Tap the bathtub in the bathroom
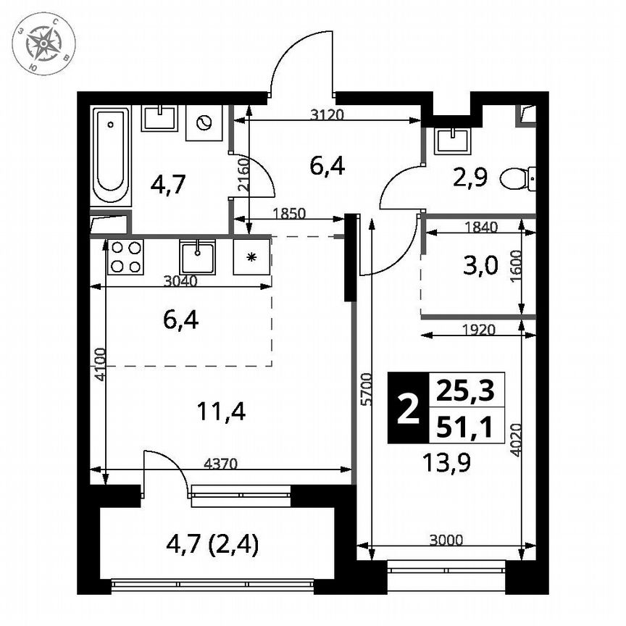pyautogui.click(x=112, y=156)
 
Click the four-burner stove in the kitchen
pyautogui.click(x=125, y=257)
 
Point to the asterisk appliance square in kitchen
pyautogui.click(x=251, y=257)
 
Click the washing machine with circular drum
pyautogui.click(x=204, y=122)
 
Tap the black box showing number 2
pyautogui.click(x=409, y=409)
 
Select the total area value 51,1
pyautogui.click(x=465, y=427)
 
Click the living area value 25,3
pyautogui.click(x=465, y=391)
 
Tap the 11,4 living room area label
pyautogui.click(x=221, y=412)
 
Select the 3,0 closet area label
pyautogui.click(x=480, y=267)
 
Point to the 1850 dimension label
pyautogui.click(x=288, y=213)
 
